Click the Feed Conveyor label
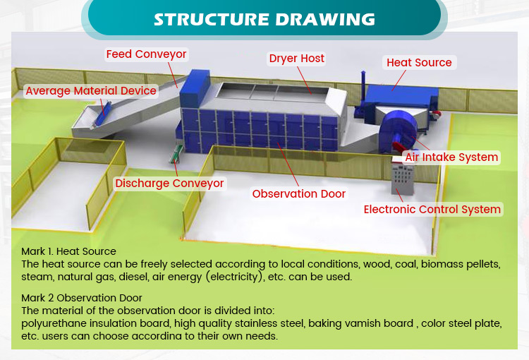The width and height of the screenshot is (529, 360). (x=146, y=54)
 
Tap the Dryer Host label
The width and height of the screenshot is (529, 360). (x=296, y=59)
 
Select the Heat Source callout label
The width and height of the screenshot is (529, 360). (x=419, y=63)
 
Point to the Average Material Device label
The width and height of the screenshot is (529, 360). (x=91, y=91)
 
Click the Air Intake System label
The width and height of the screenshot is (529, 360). (x=451, y=157)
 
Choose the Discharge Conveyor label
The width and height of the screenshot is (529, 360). (x=169, y=184)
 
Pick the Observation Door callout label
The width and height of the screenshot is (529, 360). (x=299, y=194)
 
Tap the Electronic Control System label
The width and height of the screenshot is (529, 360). (x=432, y=210)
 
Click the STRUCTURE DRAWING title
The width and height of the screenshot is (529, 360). (x=264, y=20)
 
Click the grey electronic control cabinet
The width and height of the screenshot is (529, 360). (x=402, y=176)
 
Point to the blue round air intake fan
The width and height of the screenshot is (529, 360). (x=398, y=131)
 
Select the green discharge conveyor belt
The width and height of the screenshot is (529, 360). (x=176, y=154)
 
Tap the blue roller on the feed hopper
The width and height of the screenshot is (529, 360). (x=102, y=114)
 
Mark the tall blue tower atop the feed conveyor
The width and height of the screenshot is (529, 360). (x=195, y=88)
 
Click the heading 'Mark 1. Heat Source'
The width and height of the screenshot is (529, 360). (x=68, y=251)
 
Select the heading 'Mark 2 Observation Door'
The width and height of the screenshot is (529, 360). (x=82, y=298)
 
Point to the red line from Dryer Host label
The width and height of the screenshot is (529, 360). (x=304, y=80)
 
